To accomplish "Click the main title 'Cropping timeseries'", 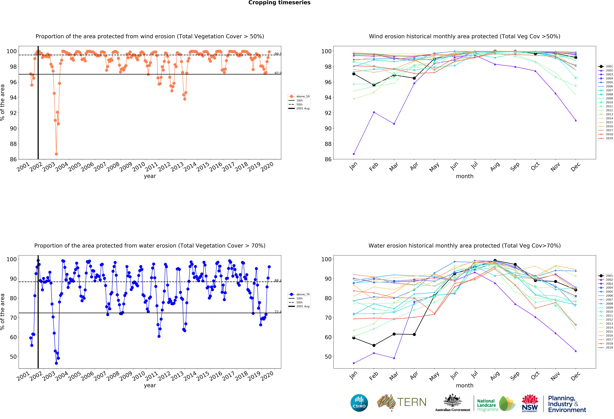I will pyautogui.click(x=279, y=3).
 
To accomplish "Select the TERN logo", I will pyautogui.click(x=402, y=402).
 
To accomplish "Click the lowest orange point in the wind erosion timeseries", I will pyautogui.click(x=56, y=154).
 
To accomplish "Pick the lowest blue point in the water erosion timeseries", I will pyautogui.click(x=56, y=363).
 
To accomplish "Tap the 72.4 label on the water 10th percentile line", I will pyautogui.click(x=278, y=312).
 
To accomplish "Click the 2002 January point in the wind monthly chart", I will pyautogui.click(x=354, y=154).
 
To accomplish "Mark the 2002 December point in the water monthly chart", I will pyautogui.click(x=576, y=351).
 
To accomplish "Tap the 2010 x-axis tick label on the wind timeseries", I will pyautogui.click(x=139, y=167).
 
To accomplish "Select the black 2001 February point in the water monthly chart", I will pyautogui.click(x=374, y=345).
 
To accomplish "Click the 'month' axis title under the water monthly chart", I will pyautogui.click(x=464, y=385).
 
